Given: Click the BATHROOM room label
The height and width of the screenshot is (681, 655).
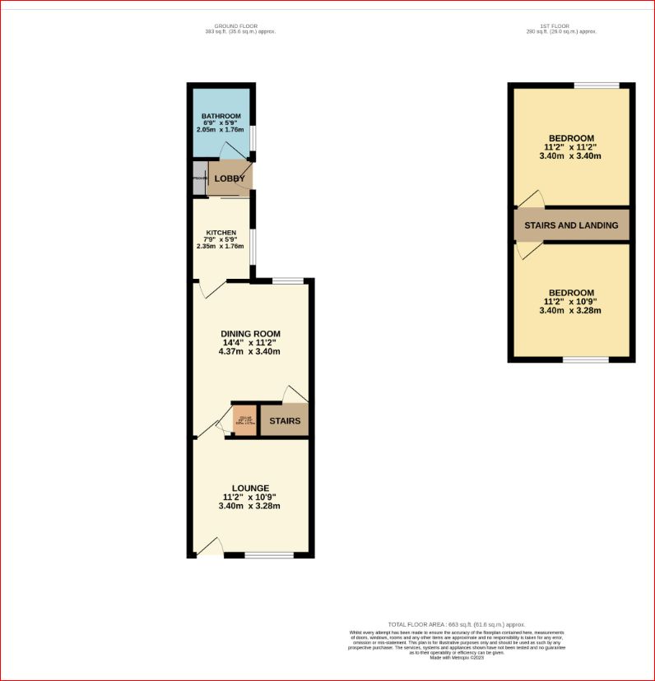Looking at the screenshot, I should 221,116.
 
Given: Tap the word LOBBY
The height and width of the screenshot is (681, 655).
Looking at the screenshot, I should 230,178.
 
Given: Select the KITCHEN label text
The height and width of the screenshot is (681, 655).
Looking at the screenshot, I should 221,233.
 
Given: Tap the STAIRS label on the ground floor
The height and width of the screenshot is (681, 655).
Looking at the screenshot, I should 285,421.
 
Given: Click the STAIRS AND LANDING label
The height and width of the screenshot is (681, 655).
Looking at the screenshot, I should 572,225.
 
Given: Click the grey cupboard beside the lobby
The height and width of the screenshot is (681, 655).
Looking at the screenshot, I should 198,178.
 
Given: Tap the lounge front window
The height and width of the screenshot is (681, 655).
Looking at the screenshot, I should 268,555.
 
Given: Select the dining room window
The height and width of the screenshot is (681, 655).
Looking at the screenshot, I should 287,281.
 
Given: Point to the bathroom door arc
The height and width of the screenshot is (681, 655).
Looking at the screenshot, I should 230,152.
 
